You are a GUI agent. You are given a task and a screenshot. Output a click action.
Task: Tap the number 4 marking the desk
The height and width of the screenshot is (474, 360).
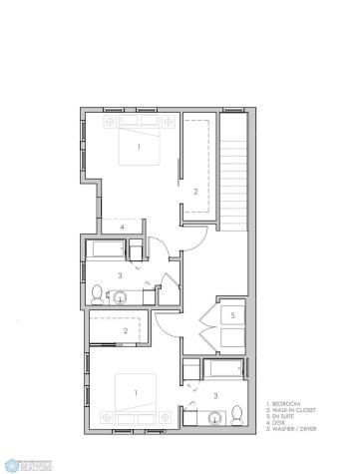pos(122,228)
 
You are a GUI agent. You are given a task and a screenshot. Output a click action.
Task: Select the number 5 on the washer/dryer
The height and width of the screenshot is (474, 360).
pos(232,315)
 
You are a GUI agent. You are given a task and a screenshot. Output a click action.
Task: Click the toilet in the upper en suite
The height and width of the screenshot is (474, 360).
pos(97,293)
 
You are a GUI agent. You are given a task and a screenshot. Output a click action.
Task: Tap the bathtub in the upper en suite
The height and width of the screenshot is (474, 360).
pos(106,248)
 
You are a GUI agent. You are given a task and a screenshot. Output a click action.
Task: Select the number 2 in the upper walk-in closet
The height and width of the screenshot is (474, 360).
pos(195,191)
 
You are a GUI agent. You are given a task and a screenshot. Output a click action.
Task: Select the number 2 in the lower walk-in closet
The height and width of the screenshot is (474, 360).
pos(125,330)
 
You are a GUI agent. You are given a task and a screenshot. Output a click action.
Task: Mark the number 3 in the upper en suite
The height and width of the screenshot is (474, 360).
pos(120,274)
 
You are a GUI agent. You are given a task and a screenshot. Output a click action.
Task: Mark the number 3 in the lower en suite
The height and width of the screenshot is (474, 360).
pos(216,395)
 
